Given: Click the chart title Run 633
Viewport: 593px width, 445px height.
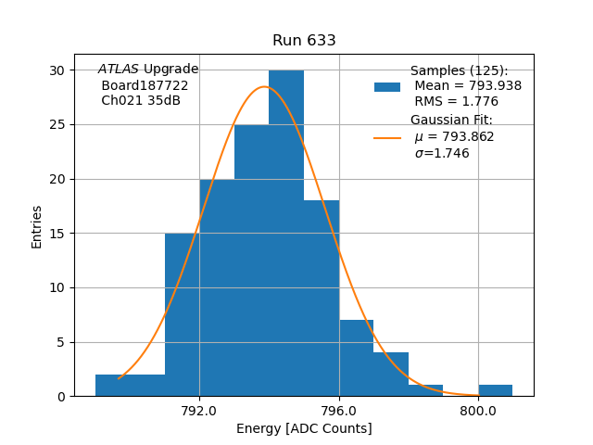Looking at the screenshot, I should tap(304, 41).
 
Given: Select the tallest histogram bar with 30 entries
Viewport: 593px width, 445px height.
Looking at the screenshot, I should tap(286, 232).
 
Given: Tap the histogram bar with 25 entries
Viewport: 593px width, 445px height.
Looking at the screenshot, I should tap(251, 260).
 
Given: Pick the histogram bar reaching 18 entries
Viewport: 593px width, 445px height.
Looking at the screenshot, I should tap(322, 297).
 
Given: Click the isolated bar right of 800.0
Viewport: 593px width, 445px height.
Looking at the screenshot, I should tap(496, 390).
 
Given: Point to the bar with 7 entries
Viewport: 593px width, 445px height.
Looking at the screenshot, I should tap(356, 358).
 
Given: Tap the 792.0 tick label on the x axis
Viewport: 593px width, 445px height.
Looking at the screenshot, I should tap(199, 412).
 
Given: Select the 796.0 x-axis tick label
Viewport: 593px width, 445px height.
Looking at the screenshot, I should tap(339, 412).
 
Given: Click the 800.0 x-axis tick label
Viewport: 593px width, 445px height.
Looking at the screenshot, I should tap(478, 412).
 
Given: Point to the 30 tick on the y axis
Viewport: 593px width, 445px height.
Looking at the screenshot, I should tap(57, 70).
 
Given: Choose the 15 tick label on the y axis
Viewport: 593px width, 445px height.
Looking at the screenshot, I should tap(57, 234).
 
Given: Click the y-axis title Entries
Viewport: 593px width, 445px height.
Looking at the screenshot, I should tap(37, 226).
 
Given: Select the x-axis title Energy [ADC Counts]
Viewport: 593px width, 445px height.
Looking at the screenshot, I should tap(304, 428).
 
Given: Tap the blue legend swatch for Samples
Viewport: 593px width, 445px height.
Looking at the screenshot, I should tap(387, 86).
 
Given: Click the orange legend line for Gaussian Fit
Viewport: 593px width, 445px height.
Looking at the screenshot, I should tap(387, 137).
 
